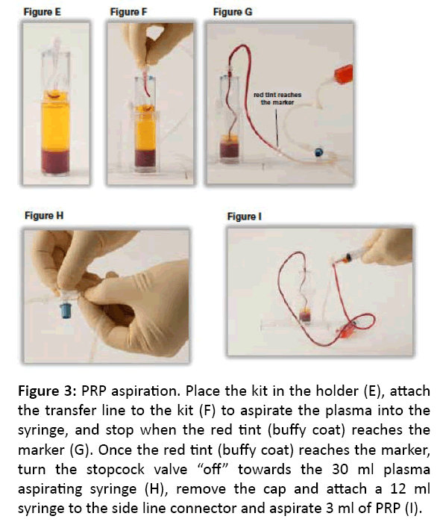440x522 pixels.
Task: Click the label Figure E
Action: pos(42,12)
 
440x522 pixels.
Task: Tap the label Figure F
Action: pos(128,12)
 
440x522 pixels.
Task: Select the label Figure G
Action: pos(233,12)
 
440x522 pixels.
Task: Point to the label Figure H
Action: pos(44,216)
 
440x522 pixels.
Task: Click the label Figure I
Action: pos(244,217)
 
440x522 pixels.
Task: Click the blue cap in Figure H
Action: pos(66,309)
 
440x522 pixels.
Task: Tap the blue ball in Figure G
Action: pos(318,152)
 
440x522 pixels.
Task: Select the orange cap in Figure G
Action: pos(343,75)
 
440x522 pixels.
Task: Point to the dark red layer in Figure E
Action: pos(55,162)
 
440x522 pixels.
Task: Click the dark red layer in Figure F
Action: pos(145,158)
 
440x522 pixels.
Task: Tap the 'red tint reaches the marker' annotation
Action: pos(277,99)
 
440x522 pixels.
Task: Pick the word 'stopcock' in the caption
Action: pos(116,470)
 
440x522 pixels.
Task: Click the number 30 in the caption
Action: pos(340,470)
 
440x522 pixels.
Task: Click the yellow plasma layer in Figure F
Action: pos(145,130)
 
